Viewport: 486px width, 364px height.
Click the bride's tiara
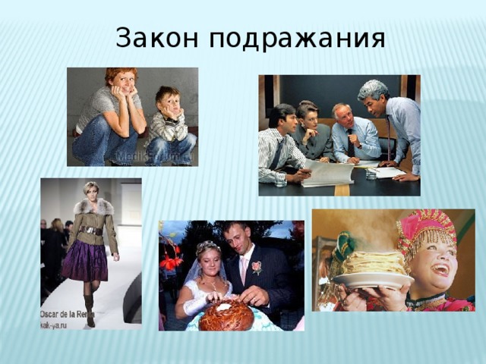207,247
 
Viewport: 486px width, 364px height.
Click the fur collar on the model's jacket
92,207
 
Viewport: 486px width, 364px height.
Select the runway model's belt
93,231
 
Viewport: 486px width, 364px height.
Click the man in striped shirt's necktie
279,152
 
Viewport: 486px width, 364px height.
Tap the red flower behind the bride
171,262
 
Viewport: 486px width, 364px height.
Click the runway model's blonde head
90,190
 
